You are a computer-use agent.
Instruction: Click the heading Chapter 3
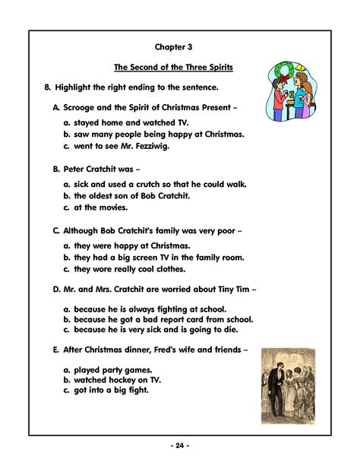174,47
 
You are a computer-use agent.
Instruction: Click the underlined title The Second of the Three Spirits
173,68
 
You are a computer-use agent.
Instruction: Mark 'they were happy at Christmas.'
131,246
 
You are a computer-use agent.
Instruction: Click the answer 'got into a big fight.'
115,390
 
